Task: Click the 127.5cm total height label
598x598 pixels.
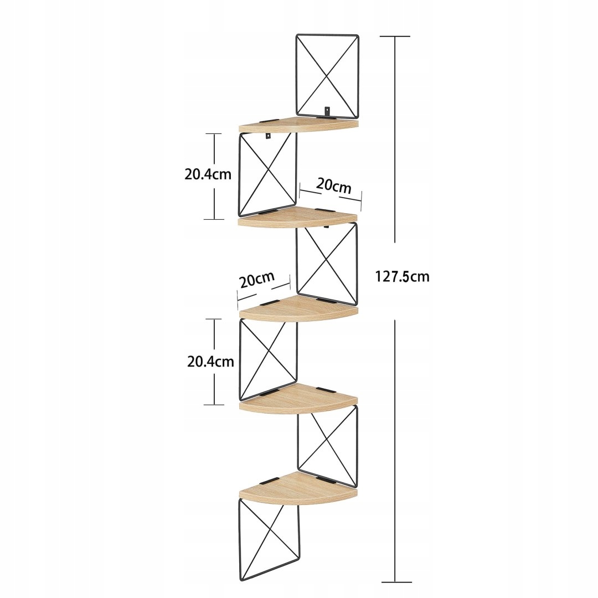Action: pos(403,276)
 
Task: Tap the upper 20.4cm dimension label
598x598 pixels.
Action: pos(208,174)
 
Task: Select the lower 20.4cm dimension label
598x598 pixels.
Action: pos(210,362)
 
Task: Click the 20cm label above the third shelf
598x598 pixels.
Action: pos(257,280)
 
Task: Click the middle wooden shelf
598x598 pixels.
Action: pos(298,310)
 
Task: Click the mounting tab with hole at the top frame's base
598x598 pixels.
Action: pos(327,112)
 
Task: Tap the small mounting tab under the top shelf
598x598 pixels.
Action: pos(269,136)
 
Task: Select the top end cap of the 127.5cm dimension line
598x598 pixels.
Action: pos(395,36)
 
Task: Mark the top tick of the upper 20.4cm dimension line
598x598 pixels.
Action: pos(214,134)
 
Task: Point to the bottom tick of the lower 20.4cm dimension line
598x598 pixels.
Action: pos(214,404)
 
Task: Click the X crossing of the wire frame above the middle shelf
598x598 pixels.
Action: pos(327,261)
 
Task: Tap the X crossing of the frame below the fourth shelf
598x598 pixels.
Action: pos(327,444)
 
